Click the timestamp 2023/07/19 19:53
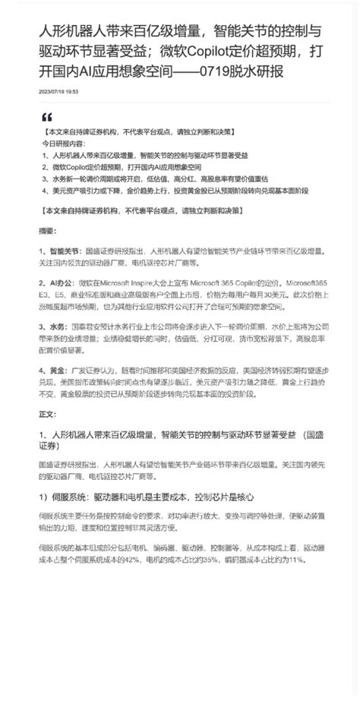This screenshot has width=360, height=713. click(58, 92)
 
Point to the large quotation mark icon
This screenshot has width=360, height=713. click(47, 118)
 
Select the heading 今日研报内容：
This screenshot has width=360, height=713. click(69, 143)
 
